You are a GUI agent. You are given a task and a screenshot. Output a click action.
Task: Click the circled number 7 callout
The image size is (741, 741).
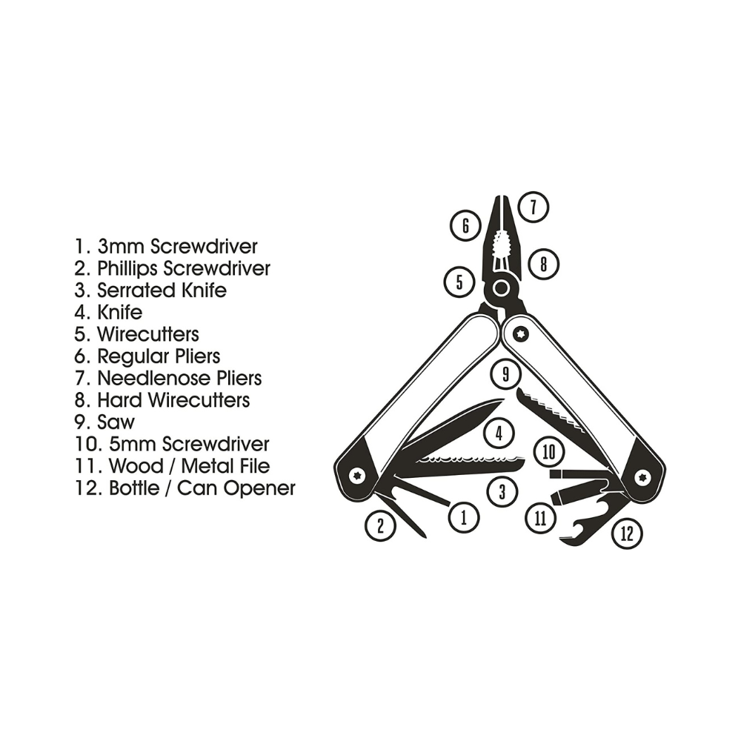(x=534, y=206)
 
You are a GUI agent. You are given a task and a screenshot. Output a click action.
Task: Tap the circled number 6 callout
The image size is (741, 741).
(x=465, y=225)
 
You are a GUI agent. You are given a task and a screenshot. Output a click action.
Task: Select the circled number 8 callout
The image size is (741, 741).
(x=543, y=263)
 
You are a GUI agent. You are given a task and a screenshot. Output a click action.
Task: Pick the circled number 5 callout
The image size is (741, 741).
(x=459, y=282)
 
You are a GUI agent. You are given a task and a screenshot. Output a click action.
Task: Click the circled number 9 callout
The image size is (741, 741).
(x=505, y=374)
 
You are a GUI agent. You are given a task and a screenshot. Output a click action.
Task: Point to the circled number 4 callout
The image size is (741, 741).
(x=499, y=432)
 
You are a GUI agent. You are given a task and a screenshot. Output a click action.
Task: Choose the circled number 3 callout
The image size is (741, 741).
(x=502, y=491)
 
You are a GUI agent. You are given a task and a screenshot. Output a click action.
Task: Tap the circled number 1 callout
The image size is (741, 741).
(x=465, y=517)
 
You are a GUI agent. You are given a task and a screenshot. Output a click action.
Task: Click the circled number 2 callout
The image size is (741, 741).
(x=381, y=526)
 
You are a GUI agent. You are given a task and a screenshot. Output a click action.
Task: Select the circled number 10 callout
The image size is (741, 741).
(x=549, y=451)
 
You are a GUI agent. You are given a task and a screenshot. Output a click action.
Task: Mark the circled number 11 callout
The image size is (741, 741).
(x=540, y=516)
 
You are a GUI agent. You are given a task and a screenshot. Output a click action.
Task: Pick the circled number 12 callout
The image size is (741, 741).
(x=627, y=534)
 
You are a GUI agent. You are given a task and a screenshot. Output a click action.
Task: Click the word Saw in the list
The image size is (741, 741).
(x=116, y=422)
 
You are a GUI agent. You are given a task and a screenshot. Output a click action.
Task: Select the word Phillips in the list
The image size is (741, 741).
(x=128, y=268)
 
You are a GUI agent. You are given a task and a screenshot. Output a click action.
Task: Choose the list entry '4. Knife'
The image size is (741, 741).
(x=108, y=312)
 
